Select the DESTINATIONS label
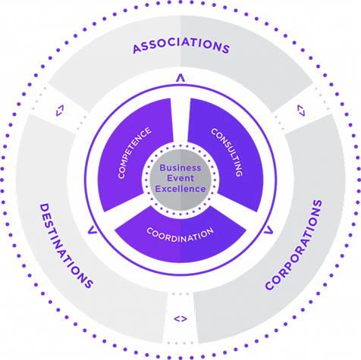pyautogui.click(x=67, y=246)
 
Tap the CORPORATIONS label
pyautogui.click(x=294, y=245)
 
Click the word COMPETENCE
pyautogui.click(x=134, y=153)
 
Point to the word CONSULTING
pyautogui.click(x=227, y=152)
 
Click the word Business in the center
pyautogui.click(x=180, y=167)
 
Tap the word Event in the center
pyautogui.click(x=180, y=178)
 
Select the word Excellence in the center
pyautogui.click(x=180, y=189)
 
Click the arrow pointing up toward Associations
pyautogui.click(x=180, y=78)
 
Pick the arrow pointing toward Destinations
pyautogui.click(x=93, y=230)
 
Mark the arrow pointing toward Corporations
pyautogui.click(x=268, y=230)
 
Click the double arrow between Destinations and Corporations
pyautogui.click(x=180, y=319)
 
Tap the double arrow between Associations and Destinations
pyautogui.click(x=60, y=111)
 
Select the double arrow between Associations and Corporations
pyautogui.click(x=301, y=111)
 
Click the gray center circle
pyautogui.click(x=180, y=180)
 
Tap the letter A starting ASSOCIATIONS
pyautogui.click(x=137, y=49)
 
